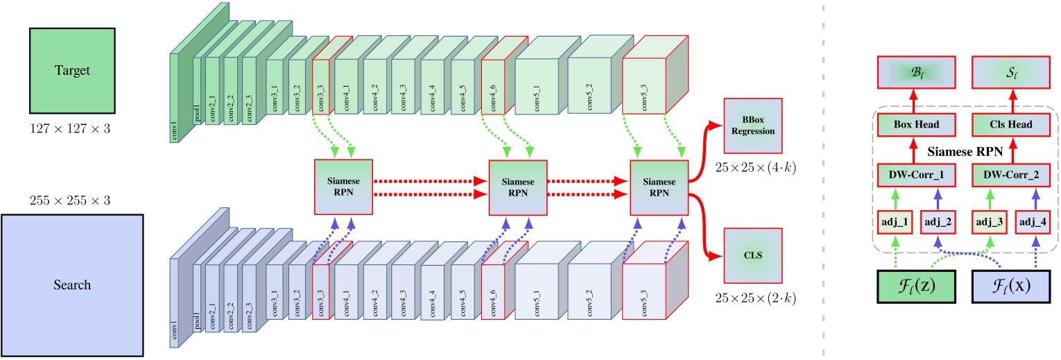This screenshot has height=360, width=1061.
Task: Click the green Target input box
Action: coord(71,70)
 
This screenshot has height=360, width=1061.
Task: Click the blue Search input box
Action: coord(73,284)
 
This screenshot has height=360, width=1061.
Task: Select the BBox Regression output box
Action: coord(752,126)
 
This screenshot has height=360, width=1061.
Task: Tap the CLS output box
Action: coord(752,255)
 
